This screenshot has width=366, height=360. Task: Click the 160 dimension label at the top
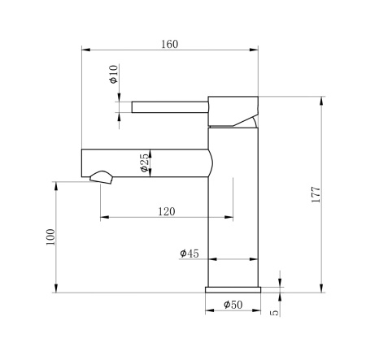(169, 43)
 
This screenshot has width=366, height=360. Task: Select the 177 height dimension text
(316, 193)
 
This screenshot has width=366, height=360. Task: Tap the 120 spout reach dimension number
(166, 211)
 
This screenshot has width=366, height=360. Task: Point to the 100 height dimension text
(50, 236)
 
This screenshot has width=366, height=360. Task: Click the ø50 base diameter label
(233, 305)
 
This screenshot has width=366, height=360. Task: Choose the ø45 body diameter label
(190, 254)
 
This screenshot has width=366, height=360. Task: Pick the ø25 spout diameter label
(144, 163)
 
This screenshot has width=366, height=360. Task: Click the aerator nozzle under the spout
(101, 176)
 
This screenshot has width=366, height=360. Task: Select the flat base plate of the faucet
(233, 288)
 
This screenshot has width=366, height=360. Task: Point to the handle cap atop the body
(233, 111)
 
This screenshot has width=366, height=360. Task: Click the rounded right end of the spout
(213, 161)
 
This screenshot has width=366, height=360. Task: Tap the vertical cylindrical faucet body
(233, 211)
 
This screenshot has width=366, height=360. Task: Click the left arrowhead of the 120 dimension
(102, 217)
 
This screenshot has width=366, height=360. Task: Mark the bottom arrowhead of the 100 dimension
(56, 288)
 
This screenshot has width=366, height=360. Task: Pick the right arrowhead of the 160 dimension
(255, 50)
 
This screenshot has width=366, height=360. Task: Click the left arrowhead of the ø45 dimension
(213, 259)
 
